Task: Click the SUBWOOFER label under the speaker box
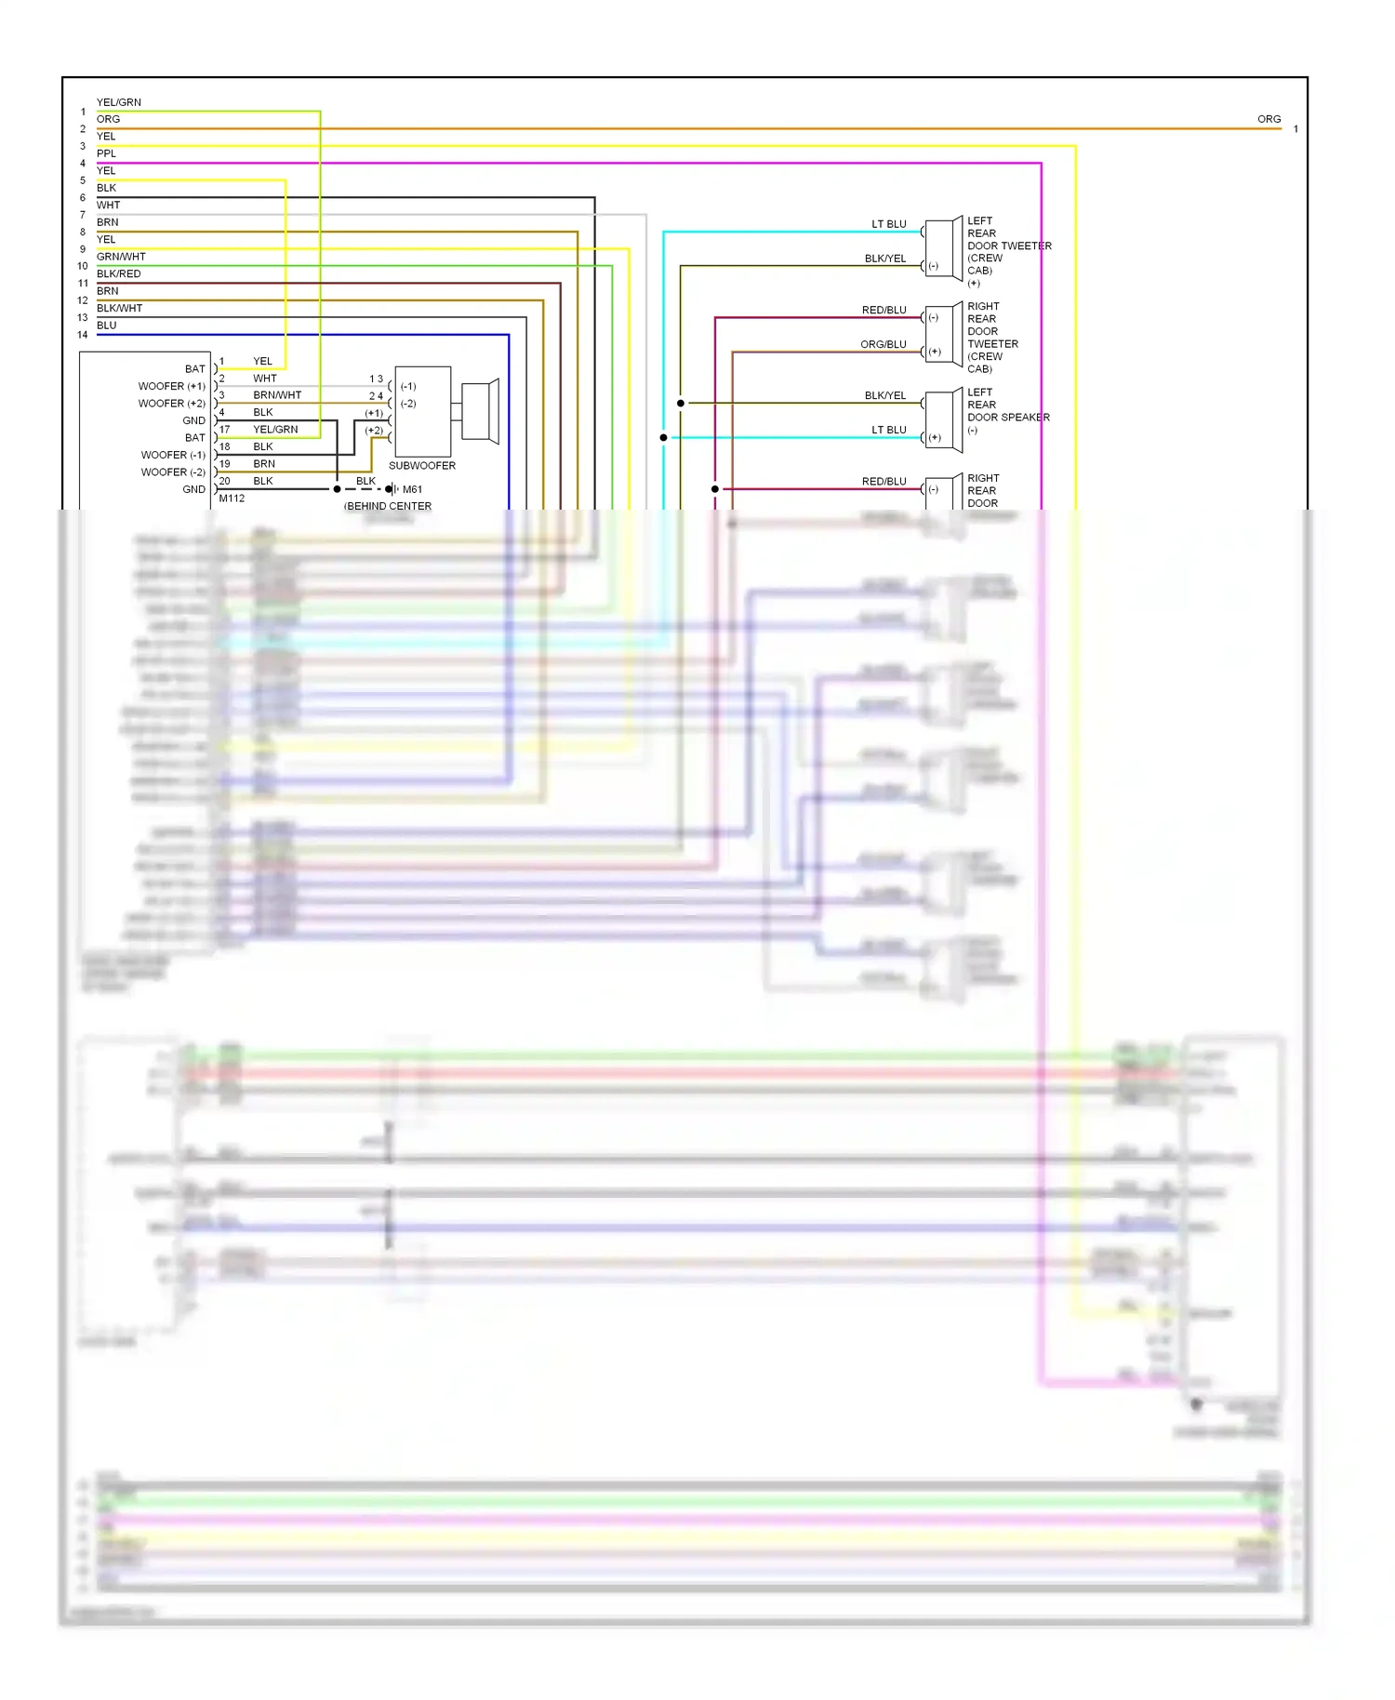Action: click(421, 465)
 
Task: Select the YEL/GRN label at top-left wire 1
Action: click(119, 102)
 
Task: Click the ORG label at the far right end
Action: click(1269, 119)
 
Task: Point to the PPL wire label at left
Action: click(107, 153)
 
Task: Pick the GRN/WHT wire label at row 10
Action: click(121, 257)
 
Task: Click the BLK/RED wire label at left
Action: click(119, 273)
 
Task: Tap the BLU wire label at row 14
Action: click(107, 325)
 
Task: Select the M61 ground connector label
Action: click(412, 489)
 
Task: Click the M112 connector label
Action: click(232, 498)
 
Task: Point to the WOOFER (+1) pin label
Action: click(172, 386)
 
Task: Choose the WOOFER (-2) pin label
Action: click(173, 472)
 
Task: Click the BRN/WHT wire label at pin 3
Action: click(277, 395)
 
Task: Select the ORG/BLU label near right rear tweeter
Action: click(883, 344)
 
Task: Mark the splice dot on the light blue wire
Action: click(663, 437)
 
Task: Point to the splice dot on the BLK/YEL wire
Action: click(681, 403)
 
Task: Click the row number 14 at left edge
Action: click(83, 335)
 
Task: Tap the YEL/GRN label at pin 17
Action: click(275, 430)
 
